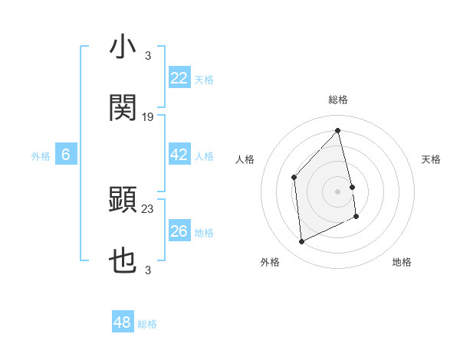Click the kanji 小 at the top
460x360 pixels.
(x=123, y=47)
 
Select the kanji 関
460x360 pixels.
(x=123, y=108)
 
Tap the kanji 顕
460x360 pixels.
(x=123, y=201)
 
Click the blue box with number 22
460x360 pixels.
(x=179, y=78)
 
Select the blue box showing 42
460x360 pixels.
(x=179, y=155)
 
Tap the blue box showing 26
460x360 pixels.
(x=179, y=231)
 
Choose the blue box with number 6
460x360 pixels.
(x=66, y=155)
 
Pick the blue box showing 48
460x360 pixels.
(x=123, y=322)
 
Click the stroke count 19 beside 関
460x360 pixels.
(x=148, y=117)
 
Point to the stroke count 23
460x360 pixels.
(x=148, y=209)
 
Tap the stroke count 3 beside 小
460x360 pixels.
(x=148, y=56)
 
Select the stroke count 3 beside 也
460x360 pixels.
(x=148, y=270)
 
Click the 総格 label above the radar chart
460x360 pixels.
(x=338, y=100)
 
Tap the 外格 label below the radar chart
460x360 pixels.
(x=270, y=262)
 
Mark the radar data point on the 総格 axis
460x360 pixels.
(x=338, y=130)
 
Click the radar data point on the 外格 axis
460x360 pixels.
(x=301, y=242)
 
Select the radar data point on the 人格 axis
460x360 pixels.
(x=294, y=178)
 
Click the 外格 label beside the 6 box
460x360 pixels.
(x=41, y=155)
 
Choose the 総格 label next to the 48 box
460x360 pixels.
(x=147, y=324)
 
